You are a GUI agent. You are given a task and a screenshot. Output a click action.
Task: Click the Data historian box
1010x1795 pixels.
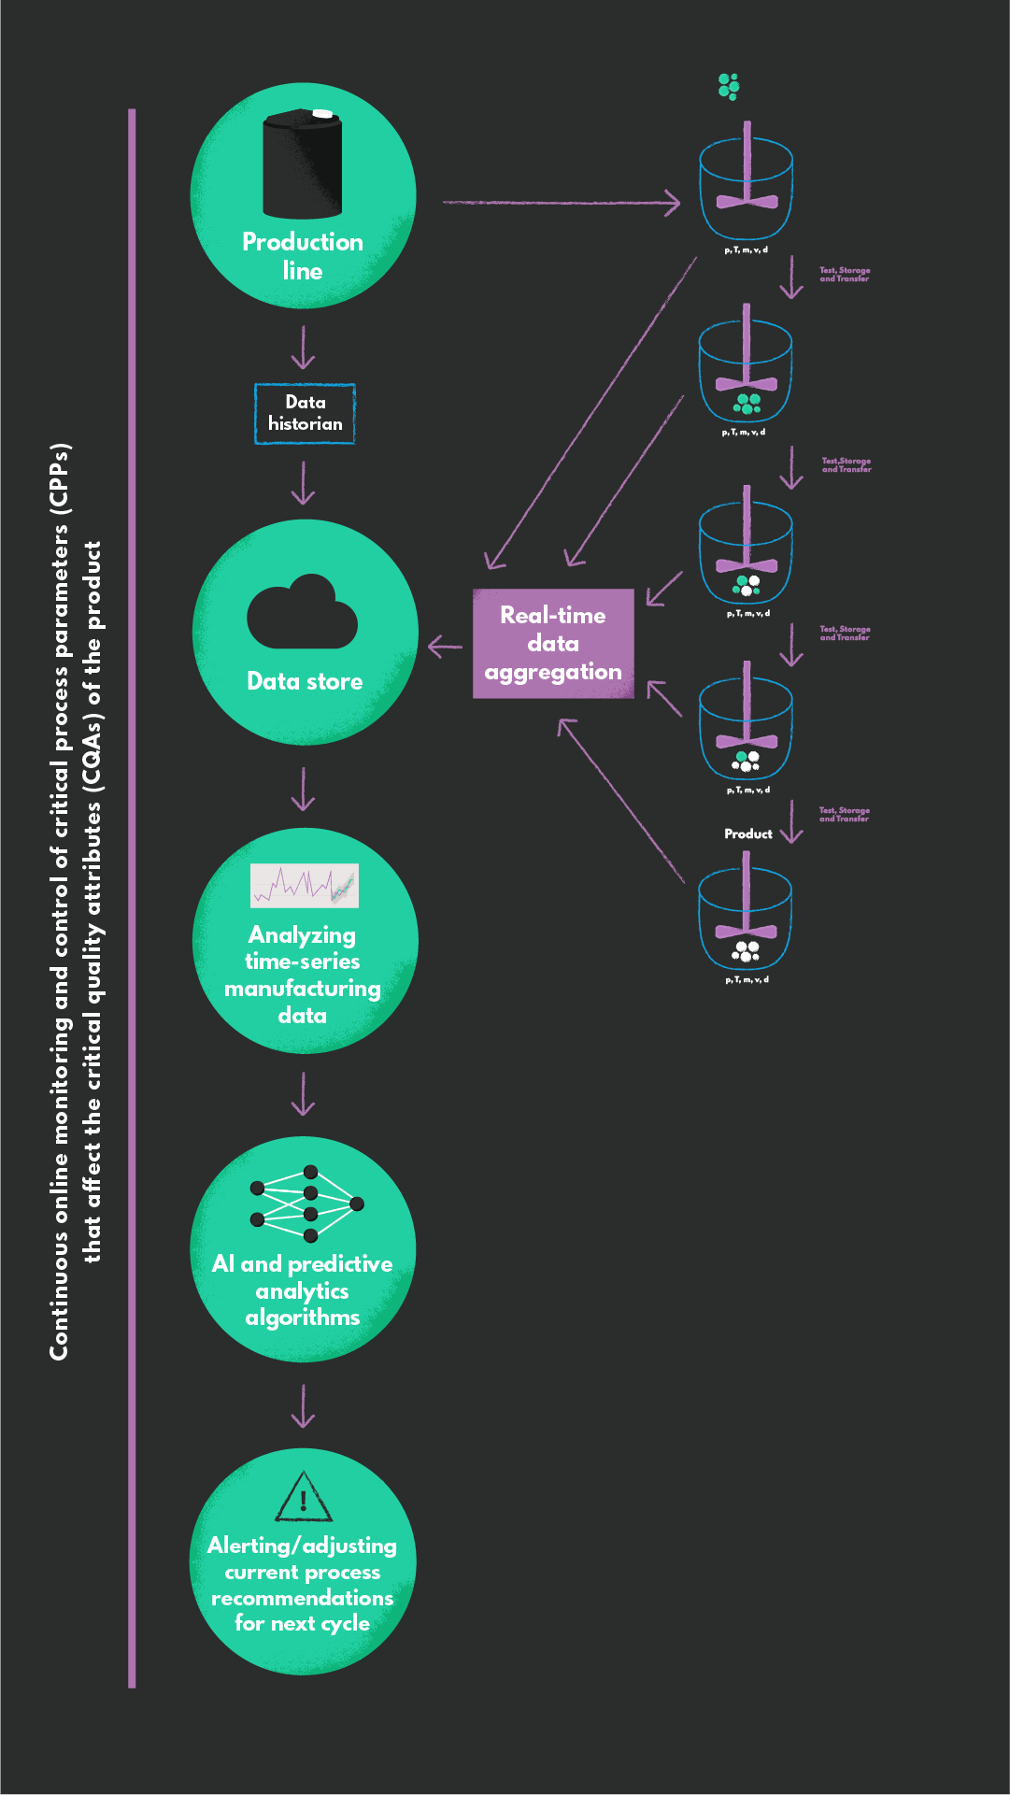coord(305,413)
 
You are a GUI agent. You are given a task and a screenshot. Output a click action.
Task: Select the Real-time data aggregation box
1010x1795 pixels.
coord(553,644)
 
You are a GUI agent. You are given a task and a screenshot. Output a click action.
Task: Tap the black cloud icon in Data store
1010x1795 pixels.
coord(302,615)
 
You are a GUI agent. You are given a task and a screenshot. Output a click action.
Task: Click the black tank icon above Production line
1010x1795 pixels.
coord(302,164)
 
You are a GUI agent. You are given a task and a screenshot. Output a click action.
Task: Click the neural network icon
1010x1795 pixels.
coord(306,1204)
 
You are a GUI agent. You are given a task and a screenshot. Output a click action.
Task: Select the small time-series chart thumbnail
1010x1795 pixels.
coord(305,885)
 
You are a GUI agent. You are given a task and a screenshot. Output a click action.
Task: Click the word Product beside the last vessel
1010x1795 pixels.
coord(747,833)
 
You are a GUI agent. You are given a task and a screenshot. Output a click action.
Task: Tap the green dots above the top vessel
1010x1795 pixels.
coord(729,87)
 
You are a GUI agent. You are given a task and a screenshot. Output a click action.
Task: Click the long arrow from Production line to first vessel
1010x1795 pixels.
coord(561,202)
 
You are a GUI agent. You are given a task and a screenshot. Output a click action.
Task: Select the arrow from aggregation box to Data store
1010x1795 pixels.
coord(445,646)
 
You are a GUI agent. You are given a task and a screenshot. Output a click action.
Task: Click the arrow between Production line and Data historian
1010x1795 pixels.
coord(303,347)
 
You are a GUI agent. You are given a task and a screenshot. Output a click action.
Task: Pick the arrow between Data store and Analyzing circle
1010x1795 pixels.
coord(303,789)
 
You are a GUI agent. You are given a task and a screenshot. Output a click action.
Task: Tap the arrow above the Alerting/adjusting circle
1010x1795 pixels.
coord(303,1405)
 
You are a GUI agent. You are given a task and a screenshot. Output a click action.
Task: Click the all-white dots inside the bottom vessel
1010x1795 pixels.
coord(746,951)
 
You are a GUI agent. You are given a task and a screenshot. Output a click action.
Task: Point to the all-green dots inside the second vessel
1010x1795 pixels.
coord(747,404)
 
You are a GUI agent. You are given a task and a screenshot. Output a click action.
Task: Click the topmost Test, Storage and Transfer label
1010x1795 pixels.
coord(845,274)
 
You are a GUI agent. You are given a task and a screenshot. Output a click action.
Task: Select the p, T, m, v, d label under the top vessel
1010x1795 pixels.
coord(746,249)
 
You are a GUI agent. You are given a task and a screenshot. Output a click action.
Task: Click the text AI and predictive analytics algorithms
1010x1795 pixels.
coord(302,1290)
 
